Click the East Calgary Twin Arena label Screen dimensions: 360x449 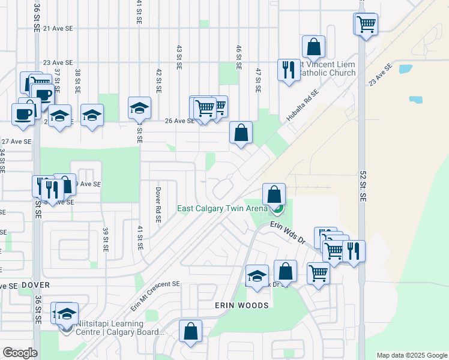coord(222,209)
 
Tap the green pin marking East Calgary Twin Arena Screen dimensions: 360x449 coord(277,209)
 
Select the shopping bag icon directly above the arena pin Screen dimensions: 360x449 coord(274,194)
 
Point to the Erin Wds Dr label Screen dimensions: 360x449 coord(288,230)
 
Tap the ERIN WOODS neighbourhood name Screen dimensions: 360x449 coord(242,305)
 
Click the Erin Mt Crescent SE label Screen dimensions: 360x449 coord(155,296)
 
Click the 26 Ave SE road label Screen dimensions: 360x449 coord(179,121)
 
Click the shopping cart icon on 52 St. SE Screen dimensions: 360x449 coord(366,24)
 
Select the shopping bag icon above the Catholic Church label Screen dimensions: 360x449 coord(313,46)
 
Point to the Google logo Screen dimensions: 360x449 coord(20,353)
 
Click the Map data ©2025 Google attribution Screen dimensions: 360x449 coord(412,355)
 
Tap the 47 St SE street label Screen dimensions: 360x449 coord(258,80)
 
